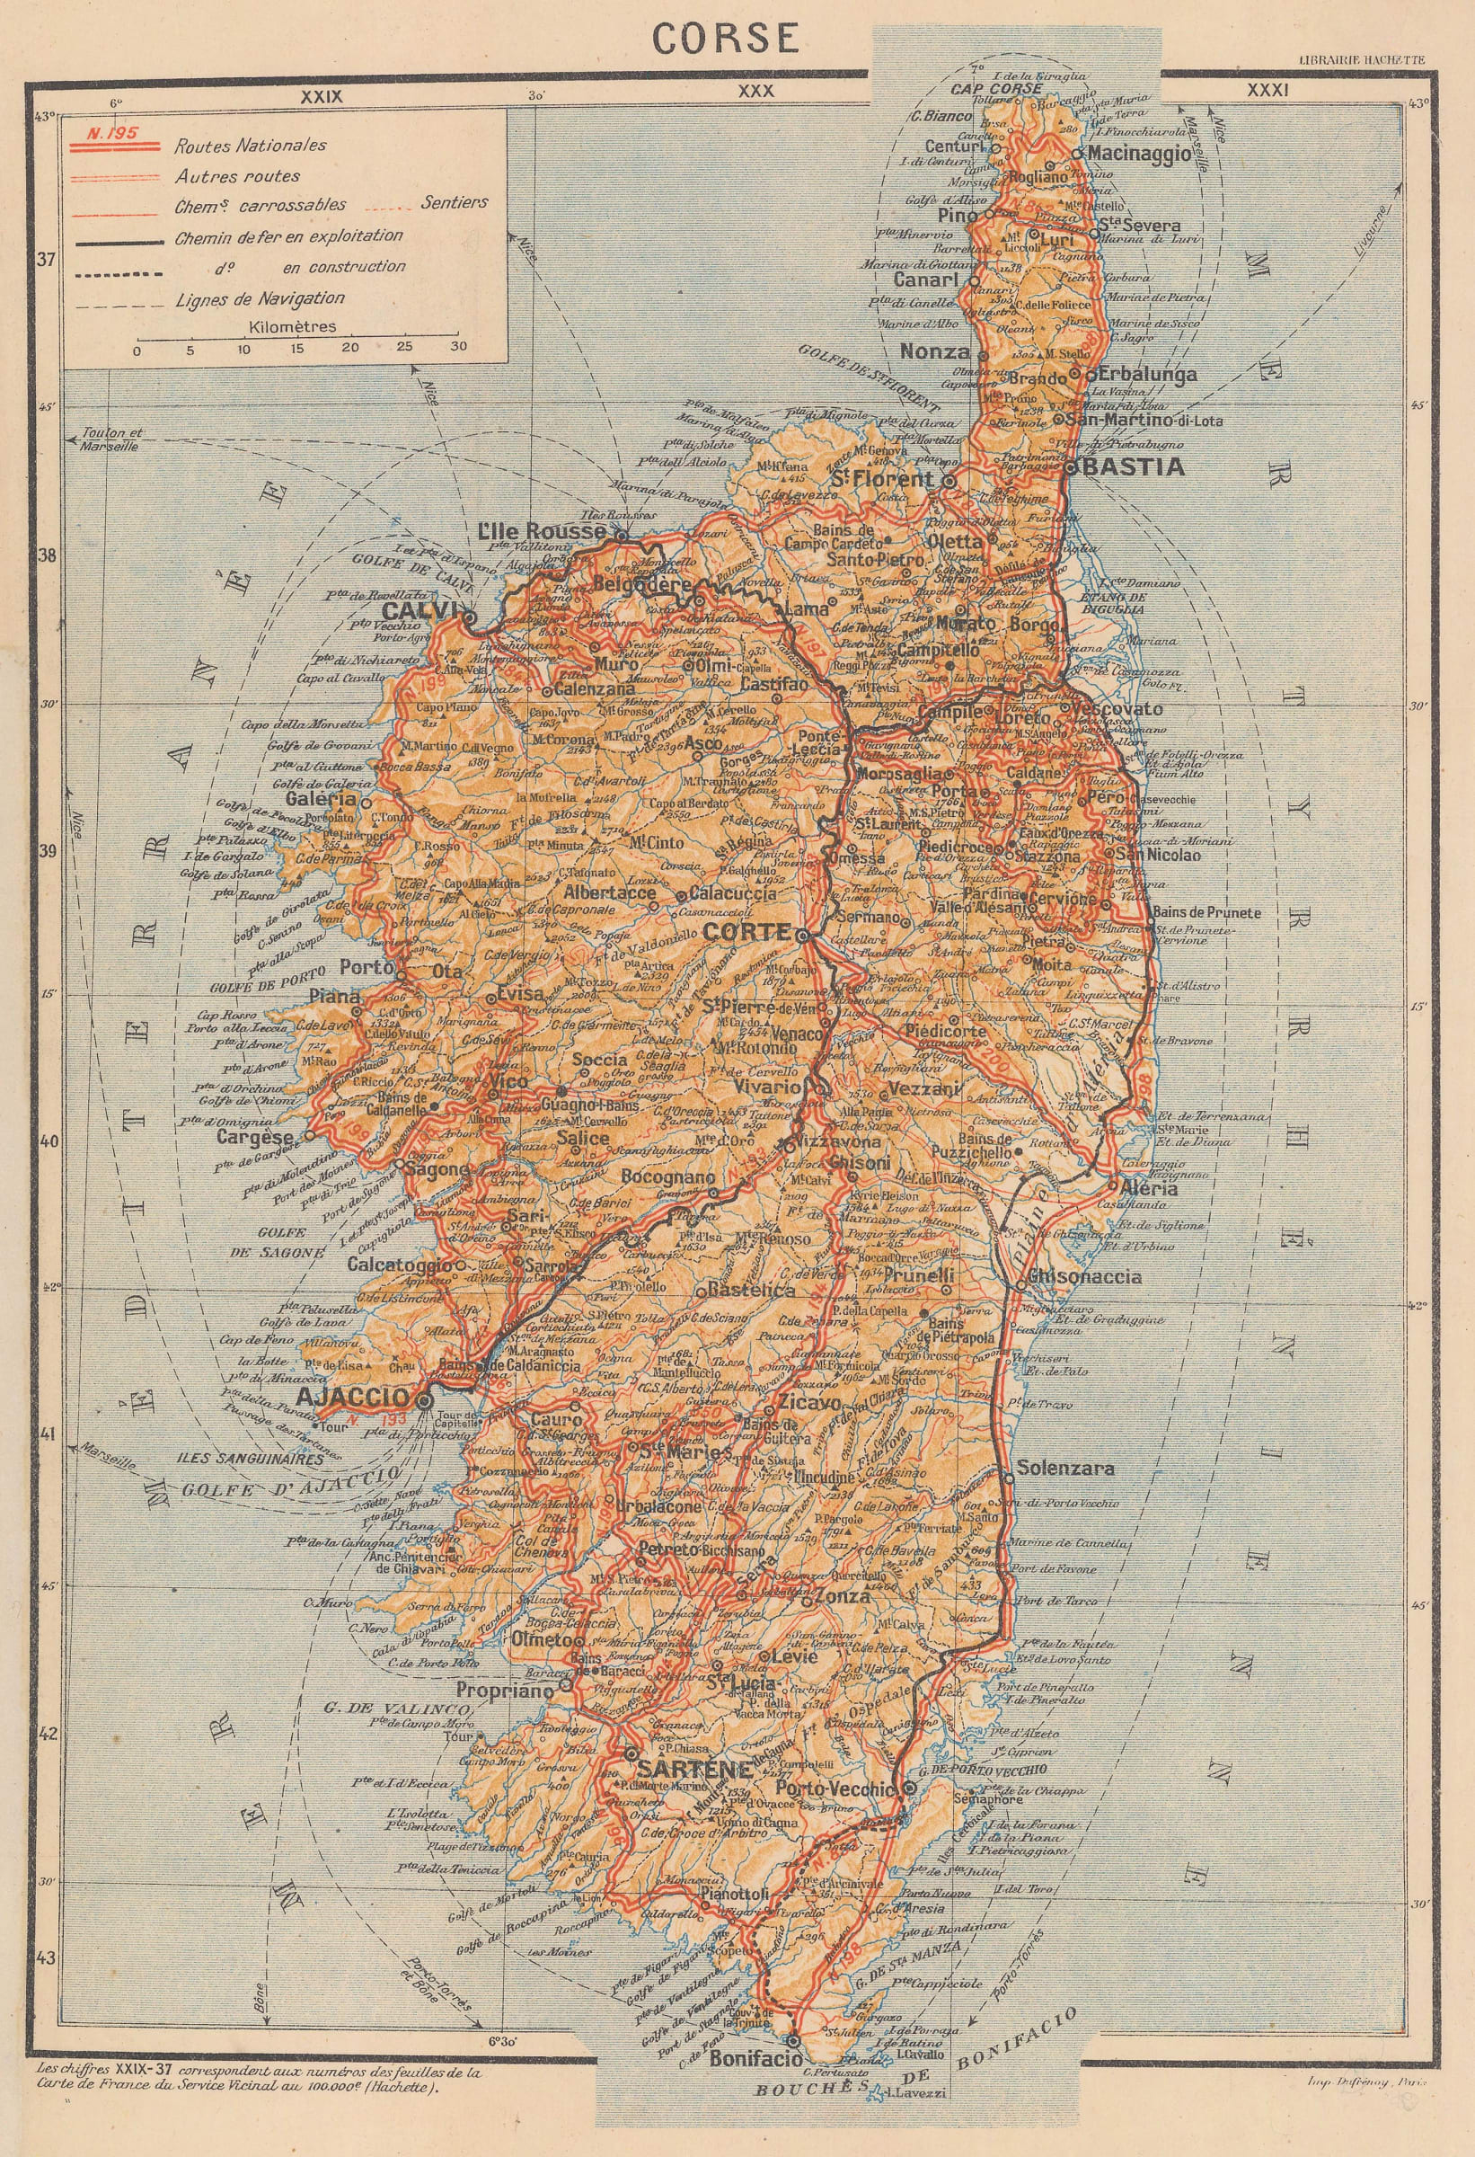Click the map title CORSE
coord(725,38)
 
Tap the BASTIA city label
coord(1133,466)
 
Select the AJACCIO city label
coord(352,1398)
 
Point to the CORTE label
coord(746,933)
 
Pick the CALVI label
coord(420,612)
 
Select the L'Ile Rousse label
coord(543,532)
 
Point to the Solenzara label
coord(1065,1469)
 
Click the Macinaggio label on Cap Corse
coord(1139,154)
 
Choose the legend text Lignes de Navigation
coord(260,299)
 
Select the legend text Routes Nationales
coord(251,145)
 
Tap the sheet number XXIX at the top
coord(321,95)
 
